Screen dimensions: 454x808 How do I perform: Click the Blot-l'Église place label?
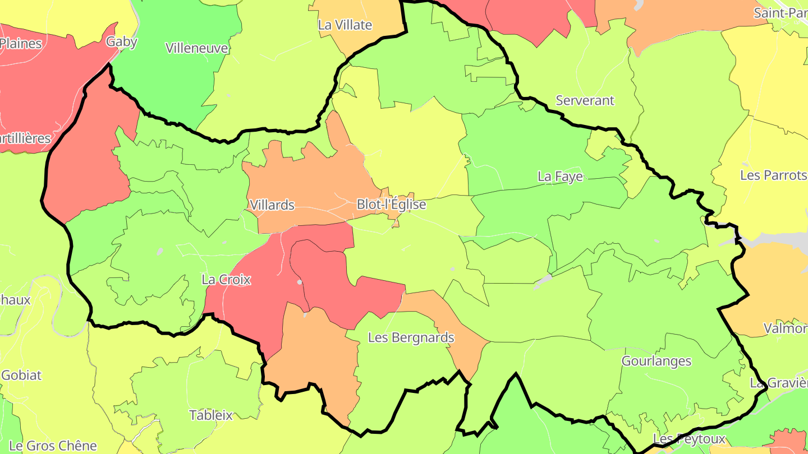pyautogui.click(x=391, y=205)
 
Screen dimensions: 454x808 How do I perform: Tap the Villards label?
pyautogui.click(x=272, y=205)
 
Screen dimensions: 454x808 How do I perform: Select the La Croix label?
pyautogui.click(x=226, y=279)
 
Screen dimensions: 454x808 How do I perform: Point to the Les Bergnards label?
pyautogui.click(x=411, y=337)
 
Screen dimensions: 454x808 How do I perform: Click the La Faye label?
pyautogui.click(x=560, y=177)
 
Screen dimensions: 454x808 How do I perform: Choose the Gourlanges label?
pyautogui.click(x=656, y=361)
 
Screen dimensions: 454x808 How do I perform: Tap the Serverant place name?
pyautogui.click(x=585, y=100)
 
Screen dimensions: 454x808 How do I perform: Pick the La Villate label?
pyautogui.click(x=345, y=25)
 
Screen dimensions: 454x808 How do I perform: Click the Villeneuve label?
pyautogui.click(x=197, y=48)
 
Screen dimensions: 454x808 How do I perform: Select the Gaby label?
pyautogui.click(x=122, y=41)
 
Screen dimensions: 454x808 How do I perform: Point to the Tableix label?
pyautogui.click(x=211, y=415)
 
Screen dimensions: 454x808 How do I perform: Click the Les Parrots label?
pyautogui.click(x=773, y=175)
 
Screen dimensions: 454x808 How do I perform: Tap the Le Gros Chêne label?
pyautogui.click(x=53, y=446)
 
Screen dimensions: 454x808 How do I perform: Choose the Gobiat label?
pyautogui.click(x=21, y=375)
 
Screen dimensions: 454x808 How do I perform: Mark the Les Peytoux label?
pyautogui.click(x=689, y=439)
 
